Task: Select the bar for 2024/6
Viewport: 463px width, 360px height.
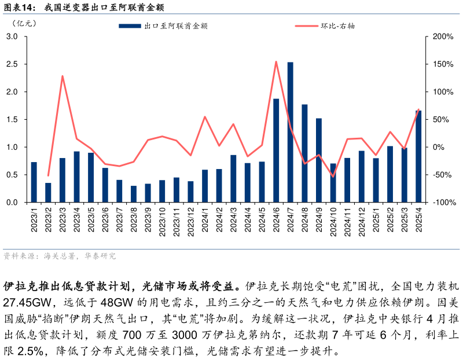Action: (276, 150)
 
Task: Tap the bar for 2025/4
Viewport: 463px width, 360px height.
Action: (418, 156)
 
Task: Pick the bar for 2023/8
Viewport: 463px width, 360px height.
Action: (134, 194)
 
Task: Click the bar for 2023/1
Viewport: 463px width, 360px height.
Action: (34, 182)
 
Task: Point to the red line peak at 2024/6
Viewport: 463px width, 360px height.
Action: (276, 61)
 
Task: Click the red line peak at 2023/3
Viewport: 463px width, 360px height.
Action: (63, 76)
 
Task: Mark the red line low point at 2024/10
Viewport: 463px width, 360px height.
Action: (333, 176)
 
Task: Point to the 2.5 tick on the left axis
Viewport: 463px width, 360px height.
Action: (12, 64)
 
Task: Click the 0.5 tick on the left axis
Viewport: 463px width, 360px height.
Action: (12, 175)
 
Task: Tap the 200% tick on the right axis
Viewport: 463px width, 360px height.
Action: (443, 36)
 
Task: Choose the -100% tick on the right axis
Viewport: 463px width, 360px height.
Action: (443, 203)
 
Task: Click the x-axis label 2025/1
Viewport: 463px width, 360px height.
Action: (376, 219)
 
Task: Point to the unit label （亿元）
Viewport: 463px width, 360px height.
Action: (24, 24)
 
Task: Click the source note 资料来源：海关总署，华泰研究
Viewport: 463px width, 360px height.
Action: (59, 256)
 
